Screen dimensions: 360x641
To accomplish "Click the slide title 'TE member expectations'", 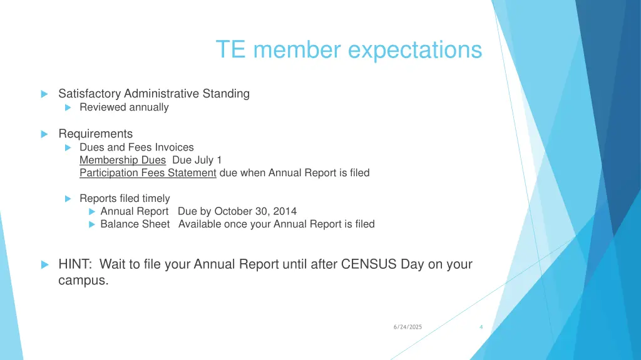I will pyautogui.click(x=349, y=49).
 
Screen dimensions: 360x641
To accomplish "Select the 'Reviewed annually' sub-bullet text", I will pyautogui.click(x=124, y=107).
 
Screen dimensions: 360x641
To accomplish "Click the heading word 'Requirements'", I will pyautogui.click(x=95, y=134).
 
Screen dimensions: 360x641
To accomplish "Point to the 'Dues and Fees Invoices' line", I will pyautogui.click(x=136, y=147).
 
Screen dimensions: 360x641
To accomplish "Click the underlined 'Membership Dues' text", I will pyautogui.click(x=123, y=160).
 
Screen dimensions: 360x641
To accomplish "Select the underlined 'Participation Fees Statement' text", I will pyautogui.click(x=148, y=173).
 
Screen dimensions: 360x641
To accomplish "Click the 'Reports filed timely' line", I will pyautogui.click(x=125, y=199).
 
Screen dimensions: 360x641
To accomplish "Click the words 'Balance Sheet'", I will pyautogui.click(x=135, y=224).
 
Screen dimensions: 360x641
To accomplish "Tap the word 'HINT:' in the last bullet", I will pyautogui.click(x=76, y=264).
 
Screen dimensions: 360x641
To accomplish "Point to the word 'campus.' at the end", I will pyautogui.click(x=83, y=281).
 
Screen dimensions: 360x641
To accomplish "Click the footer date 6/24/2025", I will pyautogui.click(x=408, y=327).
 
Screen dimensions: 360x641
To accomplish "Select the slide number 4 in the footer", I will pyautogui.click(x=481, y=327).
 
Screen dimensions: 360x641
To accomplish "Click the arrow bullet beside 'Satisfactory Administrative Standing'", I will pyautogui.click(x=44, y=94).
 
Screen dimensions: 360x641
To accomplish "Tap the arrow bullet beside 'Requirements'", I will pyautogui.click(x=44, y=134).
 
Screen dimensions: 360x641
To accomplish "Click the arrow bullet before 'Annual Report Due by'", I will pyautogui.click(x=91, y=212).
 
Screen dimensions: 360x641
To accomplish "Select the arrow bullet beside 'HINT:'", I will pyautogui.click(x=44, y=265).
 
